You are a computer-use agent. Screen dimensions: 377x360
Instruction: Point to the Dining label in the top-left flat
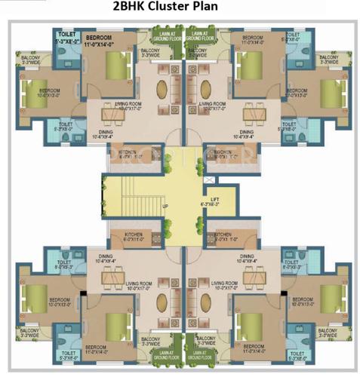(102, 134)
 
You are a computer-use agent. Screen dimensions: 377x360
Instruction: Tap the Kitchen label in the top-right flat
(224, 153)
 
